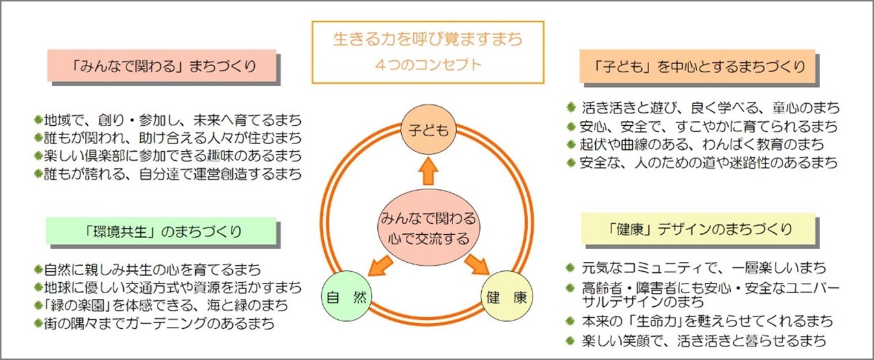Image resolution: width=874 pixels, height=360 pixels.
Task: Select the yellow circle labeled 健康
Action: coord(508,298)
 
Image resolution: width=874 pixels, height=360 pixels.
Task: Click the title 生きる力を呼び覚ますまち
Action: coord(427,40)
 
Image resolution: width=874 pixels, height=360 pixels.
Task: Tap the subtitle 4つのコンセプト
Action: coord(427,65)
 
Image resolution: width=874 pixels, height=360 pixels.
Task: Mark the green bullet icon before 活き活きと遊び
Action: coord(571,107)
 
